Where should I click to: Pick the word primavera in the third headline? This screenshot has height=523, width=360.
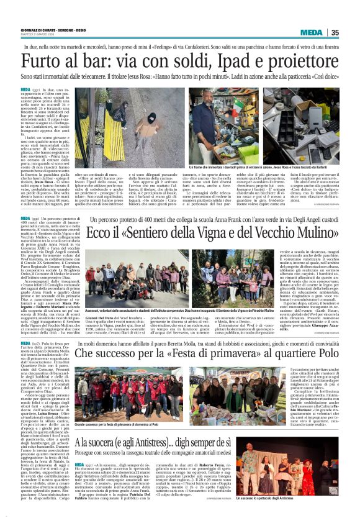point(205,353)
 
